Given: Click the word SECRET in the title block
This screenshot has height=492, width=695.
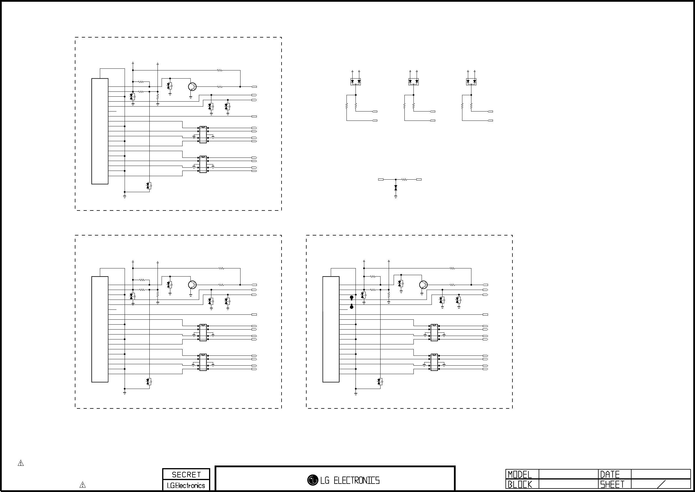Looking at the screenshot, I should coord(186,475).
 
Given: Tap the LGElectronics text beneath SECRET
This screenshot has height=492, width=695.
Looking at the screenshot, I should coord(186,485).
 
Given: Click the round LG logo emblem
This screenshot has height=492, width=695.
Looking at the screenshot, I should coord(313,480).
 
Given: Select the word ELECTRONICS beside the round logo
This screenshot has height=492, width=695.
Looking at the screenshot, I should coord(356,480).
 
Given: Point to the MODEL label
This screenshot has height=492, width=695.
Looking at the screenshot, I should coord(520,475).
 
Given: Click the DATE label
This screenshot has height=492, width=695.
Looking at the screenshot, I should coord(610,475).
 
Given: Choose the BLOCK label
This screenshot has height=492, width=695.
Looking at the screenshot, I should coord(520,484).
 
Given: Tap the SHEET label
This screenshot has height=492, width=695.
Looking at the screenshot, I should coord(612,484).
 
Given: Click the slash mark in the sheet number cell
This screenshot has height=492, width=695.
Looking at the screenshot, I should coord(662,484).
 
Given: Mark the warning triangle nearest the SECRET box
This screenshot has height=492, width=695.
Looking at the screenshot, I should coord(82,485).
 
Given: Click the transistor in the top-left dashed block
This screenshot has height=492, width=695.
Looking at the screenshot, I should coord(192,87).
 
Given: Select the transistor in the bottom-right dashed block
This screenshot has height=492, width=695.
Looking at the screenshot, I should coord(423,285).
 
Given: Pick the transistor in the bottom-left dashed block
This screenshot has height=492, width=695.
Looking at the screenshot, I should coord(192,285).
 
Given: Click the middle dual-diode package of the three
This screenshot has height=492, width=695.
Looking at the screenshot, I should coord(413,82).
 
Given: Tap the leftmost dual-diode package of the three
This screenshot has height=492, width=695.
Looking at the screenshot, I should coord(356,82).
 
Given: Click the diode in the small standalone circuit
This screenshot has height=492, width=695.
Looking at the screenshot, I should coord(396,188).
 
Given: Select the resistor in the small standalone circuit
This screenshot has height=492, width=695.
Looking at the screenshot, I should coord(404,180).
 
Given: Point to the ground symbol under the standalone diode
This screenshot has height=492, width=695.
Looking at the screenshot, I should coord(396,197).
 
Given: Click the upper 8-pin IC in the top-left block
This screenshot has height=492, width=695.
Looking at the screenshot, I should coord(203,134).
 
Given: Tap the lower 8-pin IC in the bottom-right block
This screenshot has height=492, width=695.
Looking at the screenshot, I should coord(434,362).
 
